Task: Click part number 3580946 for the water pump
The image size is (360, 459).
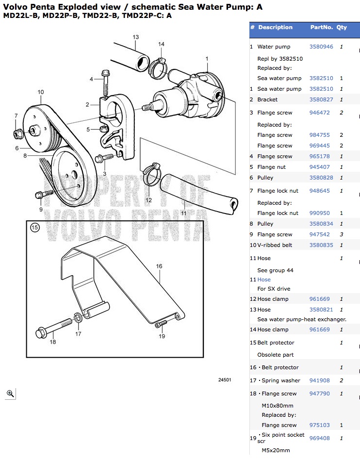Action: [x=321, y=47]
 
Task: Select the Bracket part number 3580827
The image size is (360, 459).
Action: [x=321, y=100]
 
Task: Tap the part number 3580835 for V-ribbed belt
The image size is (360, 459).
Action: [x=321, y=246]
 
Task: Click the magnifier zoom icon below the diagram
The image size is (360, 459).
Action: [x=10, y=393]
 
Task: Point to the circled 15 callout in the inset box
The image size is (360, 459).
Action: [x=34, y=228]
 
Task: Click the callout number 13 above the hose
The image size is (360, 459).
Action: [x=135, y=37]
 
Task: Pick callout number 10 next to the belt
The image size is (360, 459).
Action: [x=40, y=92]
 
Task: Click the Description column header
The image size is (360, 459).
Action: [x=275, y=28]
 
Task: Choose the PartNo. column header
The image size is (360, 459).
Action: [x=321, y=28]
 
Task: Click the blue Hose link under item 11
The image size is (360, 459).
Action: [x=264, y=280]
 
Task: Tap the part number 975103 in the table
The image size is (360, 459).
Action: [x=319, y=426]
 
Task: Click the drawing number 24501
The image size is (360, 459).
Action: [x=225, y=380]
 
